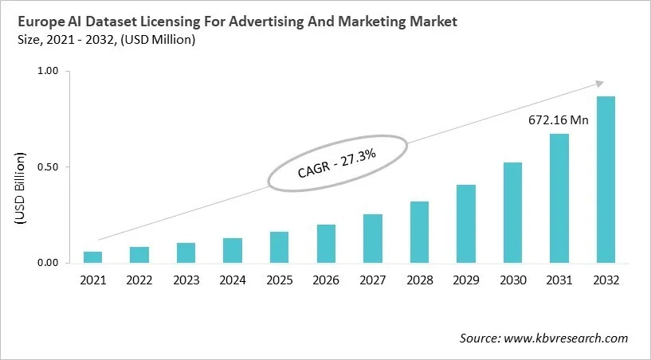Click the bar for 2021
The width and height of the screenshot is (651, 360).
92,257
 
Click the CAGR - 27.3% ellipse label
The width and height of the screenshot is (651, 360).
337,162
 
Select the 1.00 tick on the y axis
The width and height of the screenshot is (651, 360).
49,72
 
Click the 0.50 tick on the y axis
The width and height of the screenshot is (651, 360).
49,167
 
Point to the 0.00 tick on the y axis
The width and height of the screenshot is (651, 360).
49,263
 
